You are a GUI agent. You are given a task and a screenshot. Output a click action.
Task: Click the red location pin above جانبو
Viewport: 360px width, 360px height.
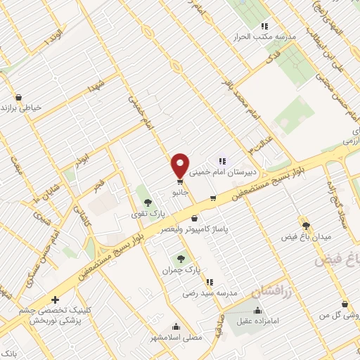click(180, 165)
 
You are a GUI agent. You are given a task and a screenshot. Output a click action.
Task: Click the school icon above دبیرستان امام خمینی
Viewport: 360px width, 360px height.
click(222, 161)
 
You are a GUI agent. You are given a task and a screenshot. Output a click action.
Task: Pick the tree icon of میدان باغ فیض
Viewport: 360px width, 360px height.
click(305, 225)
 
